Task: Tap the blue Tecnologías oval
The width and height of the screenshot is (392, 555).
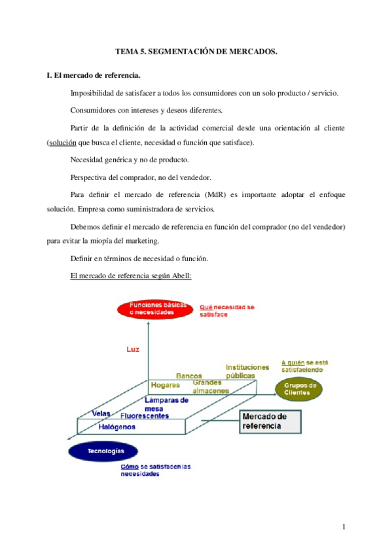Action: click(103, 451)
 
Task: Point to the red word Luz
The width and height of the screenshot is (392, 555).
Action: click(133, 349)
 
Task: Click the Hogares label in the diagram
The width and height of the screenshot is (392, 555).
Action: click(165, 385)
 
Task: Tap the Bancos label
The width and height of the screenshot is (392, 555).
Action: click(189, 376)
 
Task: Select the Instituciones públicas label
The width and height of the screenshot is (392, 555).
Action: click(247, 372)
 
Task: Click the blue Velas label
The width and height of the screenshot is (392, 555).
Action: click(101, 414)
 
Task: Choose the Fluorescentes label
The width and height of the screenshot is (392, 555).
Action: click(145, 416)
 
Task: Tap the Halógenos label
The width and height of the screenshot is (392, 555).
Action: click(117, 427)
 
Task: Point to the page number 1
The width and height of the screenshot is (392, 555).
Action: click(343, 527)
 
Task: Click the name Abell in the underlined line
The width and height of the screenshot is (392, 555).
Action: click(181, 276)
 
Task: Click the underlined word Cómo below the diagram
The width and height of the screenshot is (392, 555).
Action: click(130, 467)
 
